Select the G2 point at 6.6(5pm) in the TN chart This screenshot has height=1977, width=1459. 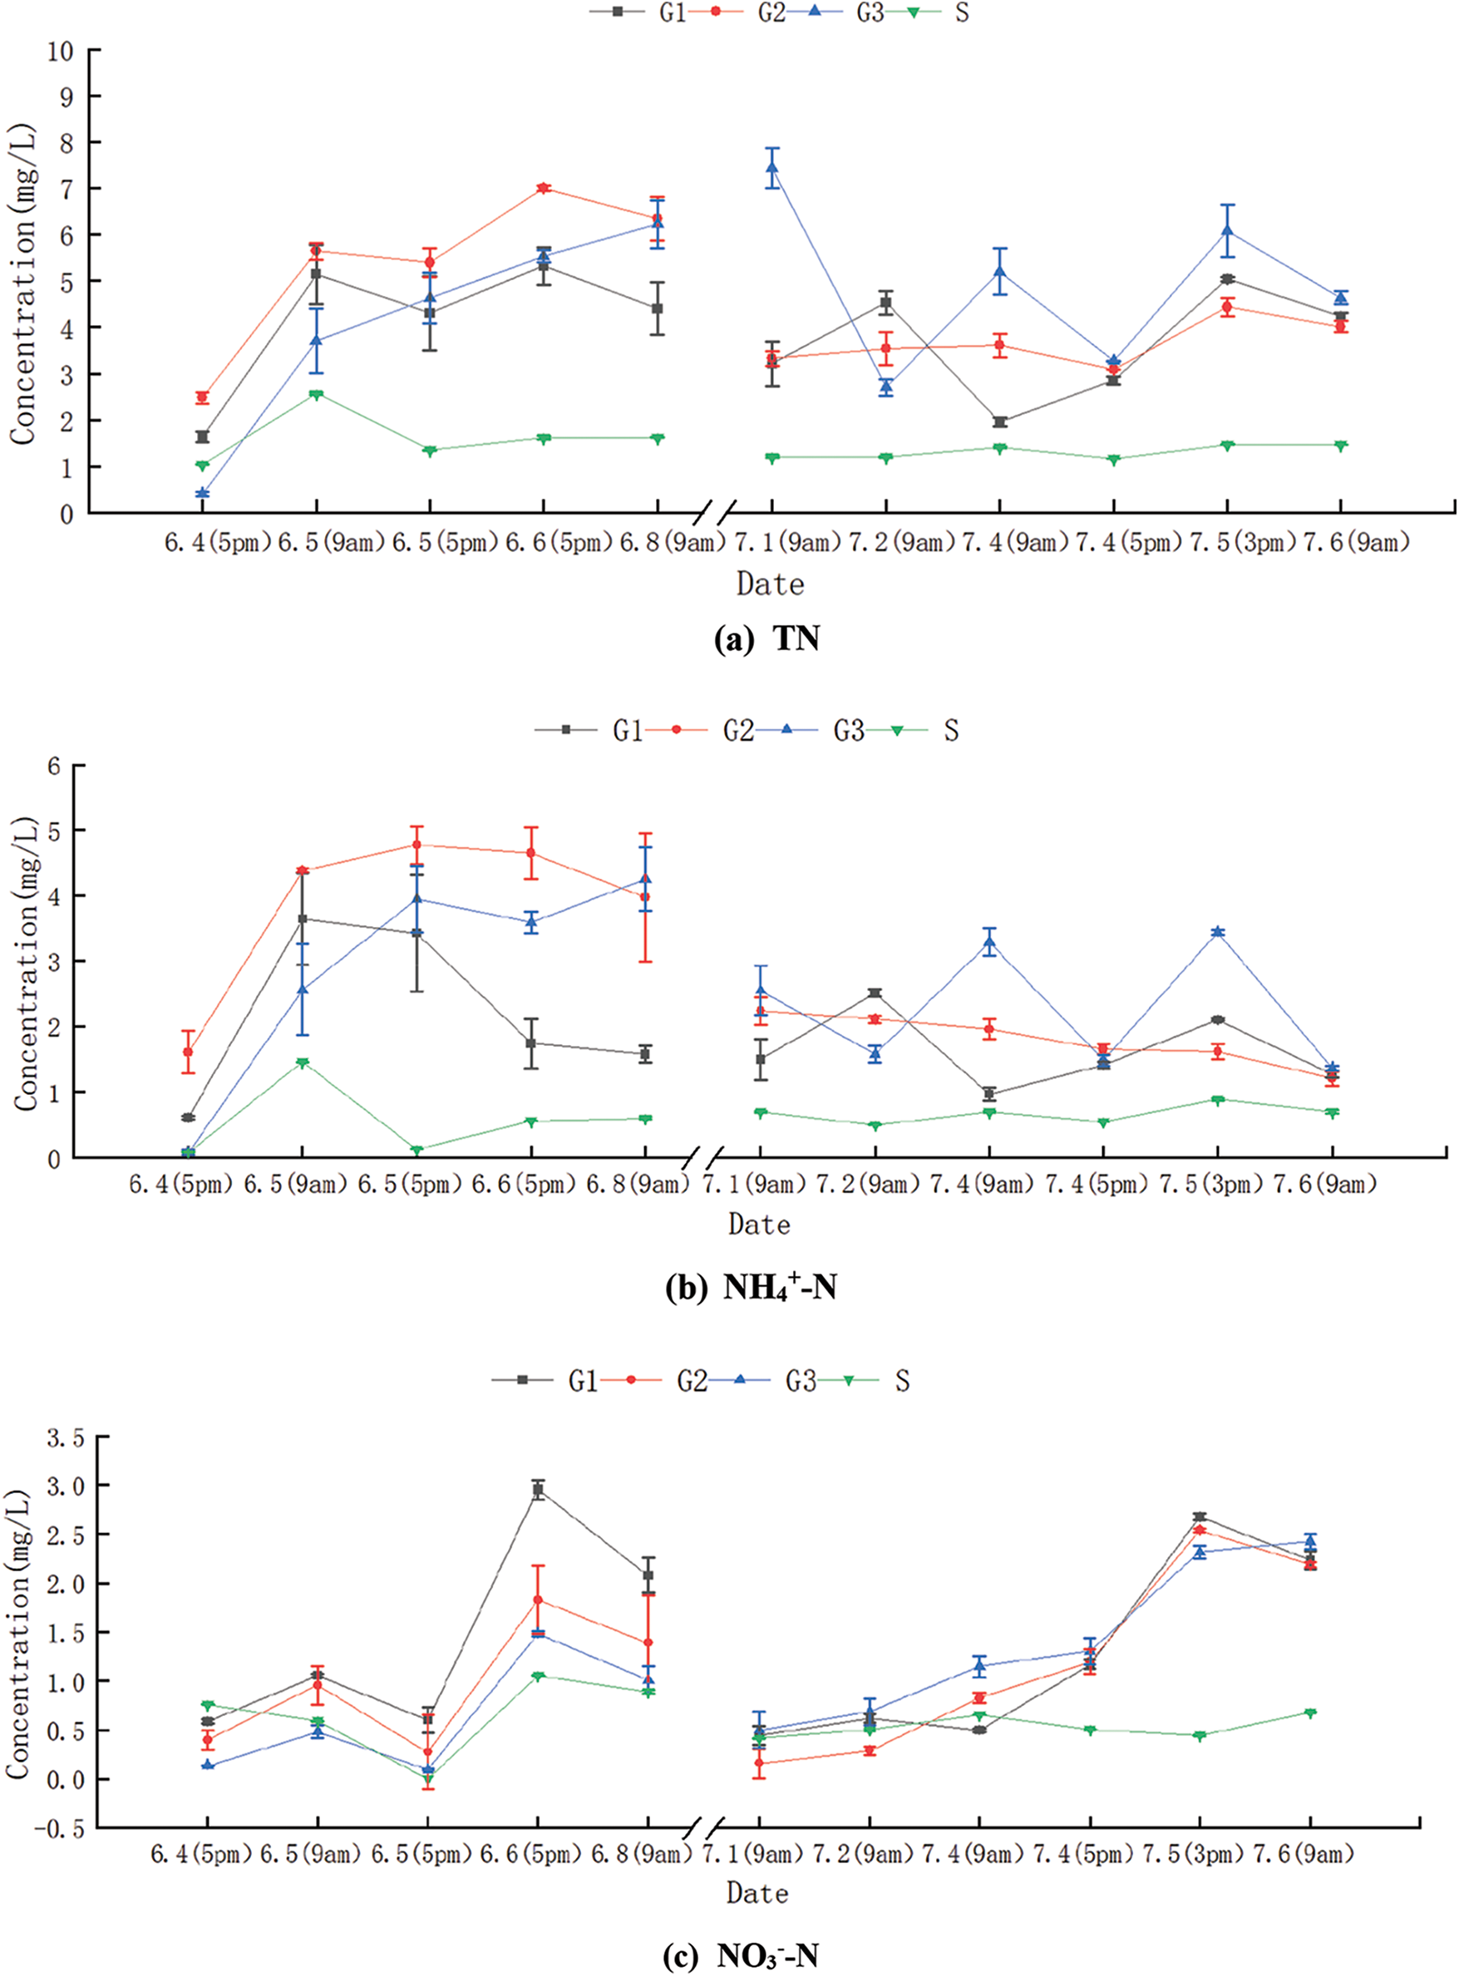(x=543, y=188)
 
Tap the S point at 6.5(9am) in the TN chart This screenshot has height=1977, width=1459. (x=315, y=395)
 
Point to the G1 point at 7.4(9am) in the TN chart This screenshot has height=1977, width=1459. (x=1000, y=422)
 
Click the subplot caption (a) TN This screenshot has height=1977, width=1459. (x=766, y=638)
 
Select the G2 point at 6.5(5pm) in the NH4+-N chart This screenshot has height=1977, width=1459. (x=417, y=845)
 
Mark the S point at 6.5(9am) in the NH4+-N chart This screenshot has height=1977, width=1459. (x=302, y=1063)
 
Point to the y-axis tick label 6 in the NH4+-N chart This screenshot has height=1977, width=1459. (x=55, y=767)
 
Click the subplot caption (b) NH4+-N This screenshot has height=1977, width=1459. (x=751, y=1289)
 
